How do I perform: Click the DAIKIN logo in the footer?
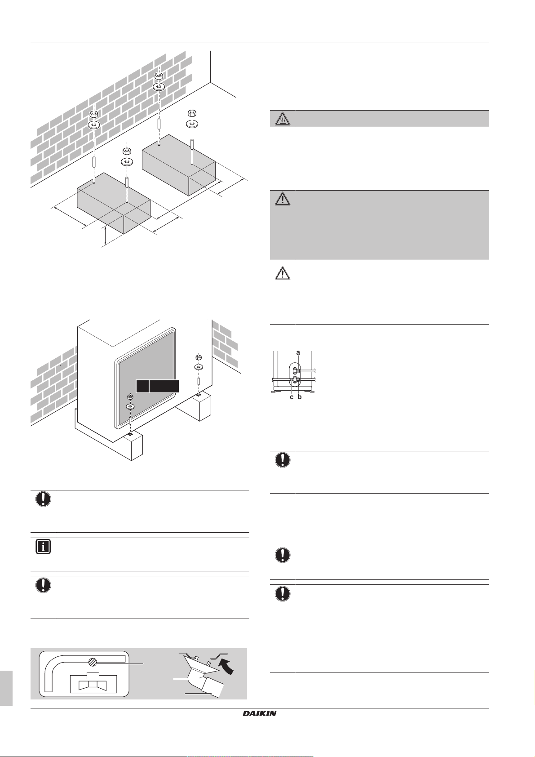click(260, 713)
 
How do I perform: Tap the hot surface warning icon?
click(282, 119)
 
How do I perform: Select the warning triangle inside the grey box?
click(282, 199)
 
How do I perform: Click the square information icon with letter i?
click(43, 548)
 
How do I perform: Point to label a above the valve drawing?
click(298, 353)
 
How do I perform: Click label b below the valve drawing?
click(300, 397)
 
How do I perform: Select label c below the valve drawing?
click(292, 397)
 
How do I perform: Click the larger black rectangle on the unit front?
click(164, 386)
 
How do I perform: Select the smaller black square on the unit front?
click(142, 386)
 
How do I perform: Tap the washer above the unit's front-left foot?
click(130, 406)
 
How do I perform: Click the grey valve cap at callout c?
click(294, 381)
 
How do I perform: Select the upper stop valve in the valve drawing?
click(295, 370)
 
